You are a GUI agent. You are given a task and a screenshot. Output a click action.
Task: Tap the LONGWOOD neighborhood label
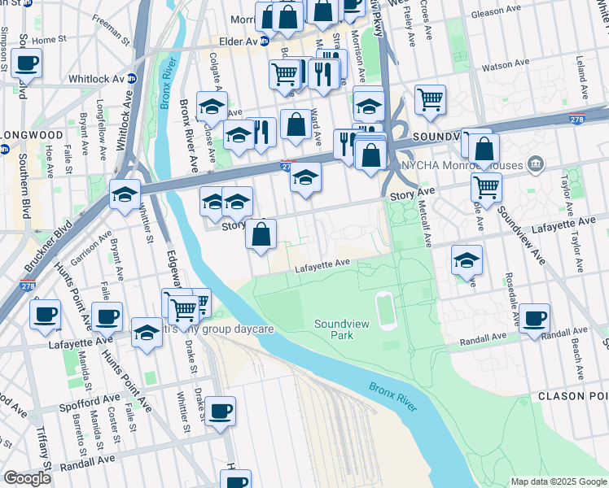[x=33, y=134]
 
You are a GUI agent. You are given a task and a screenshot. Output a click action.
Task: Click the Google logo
[x=26, y=478]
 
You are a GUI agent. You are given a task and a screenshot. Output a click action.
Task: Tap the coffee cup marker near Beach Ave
[x=535, y=318]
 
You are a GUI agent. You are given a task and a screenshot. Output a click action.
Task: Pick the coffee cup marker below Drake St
[x=220, y=411]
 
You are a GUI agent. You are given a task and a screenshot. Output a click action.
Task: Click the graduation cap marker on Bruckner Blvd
[x=125, y=194]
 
